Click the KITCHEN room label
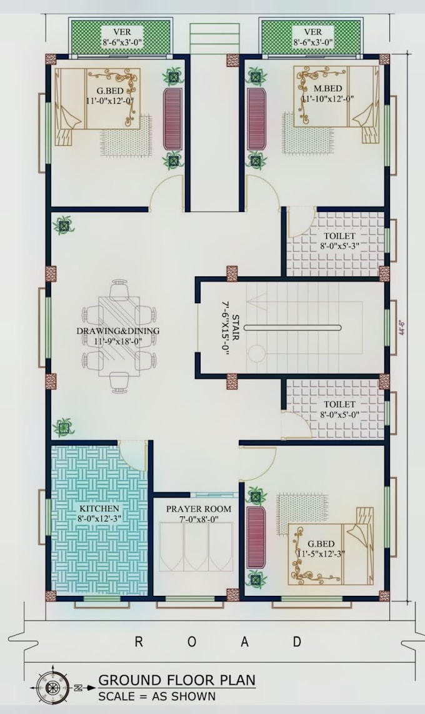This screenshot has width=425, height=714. pos(99,508)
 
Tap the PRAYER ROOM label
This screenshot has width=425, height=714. pos(198,509)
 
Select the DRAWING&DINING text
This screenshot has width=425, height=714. pos(118,331)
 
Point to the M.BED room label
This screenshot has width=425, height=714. pos(327,88)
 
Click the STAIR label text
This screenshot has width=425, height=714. pos(235,328)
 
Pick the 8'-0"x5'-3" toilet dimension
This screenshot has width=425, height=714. pos(339,246)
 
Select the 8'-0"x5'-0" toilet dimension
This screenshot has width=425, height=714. pos(339,415)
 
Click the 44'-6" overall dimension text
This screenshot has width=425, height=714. pos(402,328)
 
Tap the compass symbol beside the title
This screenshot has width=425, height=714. pos(53,686)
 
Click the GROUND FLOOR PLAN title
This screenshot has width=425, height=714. pos(177,680)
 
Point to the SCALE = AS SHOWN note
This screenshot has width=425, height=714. pos(157,696)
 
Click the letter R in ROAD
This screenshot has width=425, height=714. pos(139,642)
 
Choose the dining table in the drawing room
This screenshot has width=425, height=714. pos(119,336)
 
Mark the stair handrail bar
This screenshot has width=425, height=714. pos(292,328)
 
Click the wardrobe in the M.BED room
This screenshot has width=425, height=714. pos(256,119)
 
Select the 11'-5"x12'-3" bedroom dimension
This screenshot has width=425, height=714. pos(321,554)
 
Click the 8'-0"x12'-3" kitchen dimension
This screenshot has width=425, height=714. pos(99,518)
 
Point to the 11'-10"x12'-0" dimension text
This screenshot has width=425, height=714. pos(327,98)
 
